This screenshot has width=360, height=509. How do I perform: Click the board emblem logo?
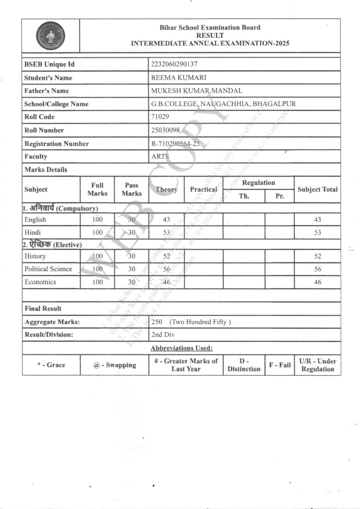(x=50, y=35)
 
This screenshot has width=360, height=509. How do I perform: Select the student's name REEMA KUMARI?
(x=172, y=78)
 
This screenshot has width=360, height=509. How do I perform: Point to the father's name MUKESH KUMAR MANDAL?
(x=196, y=91)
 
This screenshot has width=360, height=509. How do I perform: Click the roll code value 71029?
(x=160, y=117)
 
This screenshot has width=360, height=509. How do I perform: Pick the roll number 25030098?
(x=165, y=130)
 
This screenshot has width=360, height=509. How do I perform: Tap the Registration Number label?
(x=57, y=144)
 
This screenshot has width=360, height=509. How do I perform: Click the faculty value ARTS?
(x=160, y=157)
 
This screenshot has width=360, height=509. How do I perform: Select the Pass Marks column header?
(x=131, y=189)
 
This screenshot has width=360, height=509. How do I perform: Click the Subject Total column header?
(x=317, y=189)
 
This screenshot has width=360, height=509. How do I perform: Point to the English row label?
(x=35, y=220)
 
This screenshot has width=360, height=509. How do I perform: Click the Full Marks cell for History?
(x=98, y=256)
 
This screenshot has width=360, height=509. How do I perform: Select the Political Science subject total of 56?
(x=317, y=269)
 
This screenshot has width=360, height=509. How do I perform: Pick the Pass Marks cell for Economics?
(x=131, y=282)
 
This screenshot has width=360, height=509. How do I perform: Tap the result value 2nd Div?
(x=162, y=335)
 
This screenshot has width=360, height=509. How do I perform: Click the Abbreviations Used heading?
(x=181, y=348)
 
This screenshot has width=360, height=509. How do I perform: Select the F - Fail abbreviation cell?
(x=279, y=365)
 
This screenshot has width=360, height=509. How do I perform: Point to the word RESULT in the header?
(x=210, y=35)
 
